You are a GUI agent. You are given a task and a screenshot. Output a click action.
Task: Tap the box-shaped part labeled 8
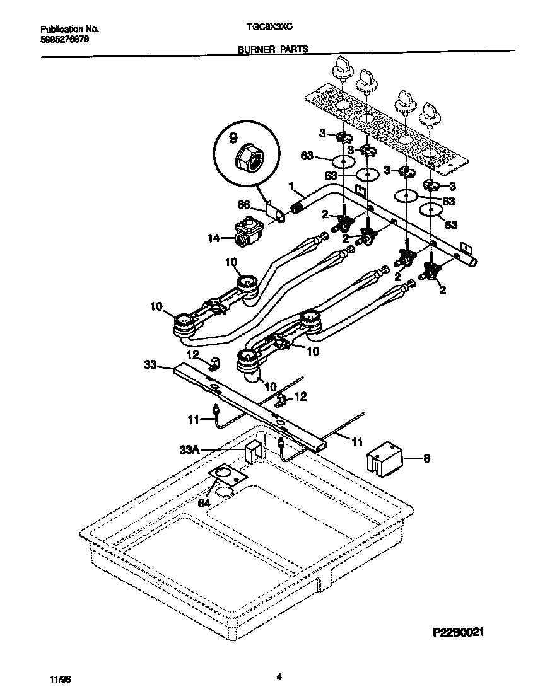(385, 460)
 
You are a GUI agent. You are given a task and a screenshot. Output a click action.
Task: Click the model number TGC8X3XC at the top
(269, 29)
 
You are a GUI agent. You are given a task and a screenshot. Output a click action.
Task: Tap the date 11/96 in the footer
(57, 680)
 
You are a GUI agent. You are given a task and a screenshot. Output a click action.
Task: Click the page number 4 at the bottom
(278, 678)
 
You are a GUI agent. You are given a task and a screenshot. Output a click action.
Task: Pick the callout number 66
(243, 204)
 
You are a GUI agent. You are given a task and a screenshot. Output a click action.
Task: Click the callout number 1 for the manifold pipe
(291, 187)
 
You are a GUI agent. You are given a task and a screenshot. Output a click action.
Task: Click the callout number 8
(426, 458)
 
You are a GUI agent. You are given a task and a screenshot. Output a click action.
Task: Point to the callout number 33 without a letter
(150, 364)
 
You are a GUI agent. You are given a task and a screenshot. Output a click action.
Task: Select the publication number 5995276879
(64, 39)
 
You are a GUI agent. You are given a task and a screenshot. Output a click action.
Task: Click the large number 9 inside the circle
(233, 137)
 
